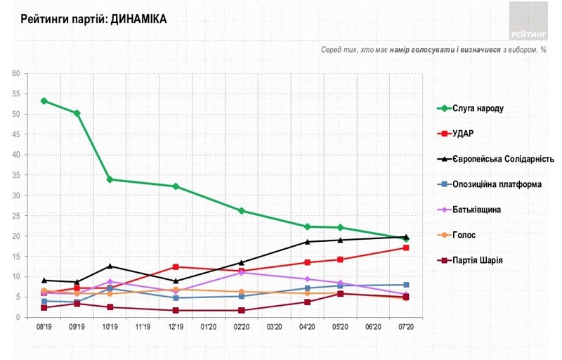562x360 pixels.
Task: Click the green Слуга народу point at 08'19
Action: (44, 101)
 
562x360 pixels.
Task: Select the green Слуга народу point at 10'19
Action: (110, 179)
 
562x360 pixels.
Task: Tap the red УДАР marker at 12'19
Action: (176, 267)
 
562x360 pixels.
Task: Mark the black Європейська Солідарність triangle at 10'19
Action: (110, 266)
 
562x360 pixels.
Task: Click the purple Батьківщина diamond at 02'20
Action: (241, 272)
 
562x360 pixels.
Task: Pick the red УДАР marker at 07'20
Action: (406, 248)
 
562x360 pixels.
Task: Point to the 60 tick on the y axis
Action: (15, 73)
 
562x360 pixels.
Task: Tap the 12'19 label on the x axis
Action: (176, 328)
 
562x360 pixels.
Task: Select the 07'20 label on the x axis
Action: (406, 328)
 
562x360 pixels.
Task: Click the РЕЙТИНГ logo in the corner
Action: (528, 20)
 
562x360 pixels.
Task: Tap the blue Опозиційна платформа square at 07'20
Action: (406, 285)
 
